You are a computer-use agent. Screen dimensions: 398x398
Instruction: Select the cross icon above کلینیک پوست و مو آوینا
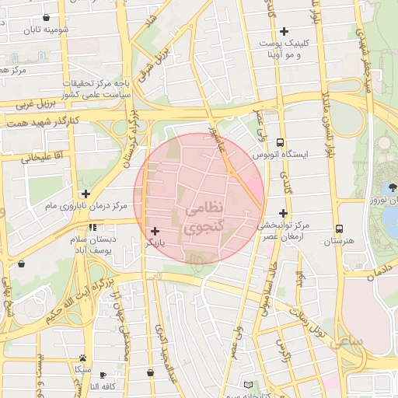(x=284, y=32)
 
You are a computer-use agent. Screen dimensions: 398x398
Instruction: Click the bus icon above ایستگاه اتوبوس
(x=280, y=142)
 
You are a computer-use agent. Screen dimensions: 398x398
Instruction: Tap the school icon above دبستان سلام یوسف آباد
(x=93, y=228)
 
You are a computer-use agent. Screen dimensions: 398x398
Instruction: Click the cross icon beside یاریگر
(x=155, y=231)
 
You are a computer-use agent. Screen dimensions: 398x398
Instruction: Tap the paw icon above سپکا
(x=82, y=358)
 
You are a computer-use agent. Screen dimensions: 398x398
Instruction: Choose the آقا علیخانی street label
(x=36, y=158)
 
